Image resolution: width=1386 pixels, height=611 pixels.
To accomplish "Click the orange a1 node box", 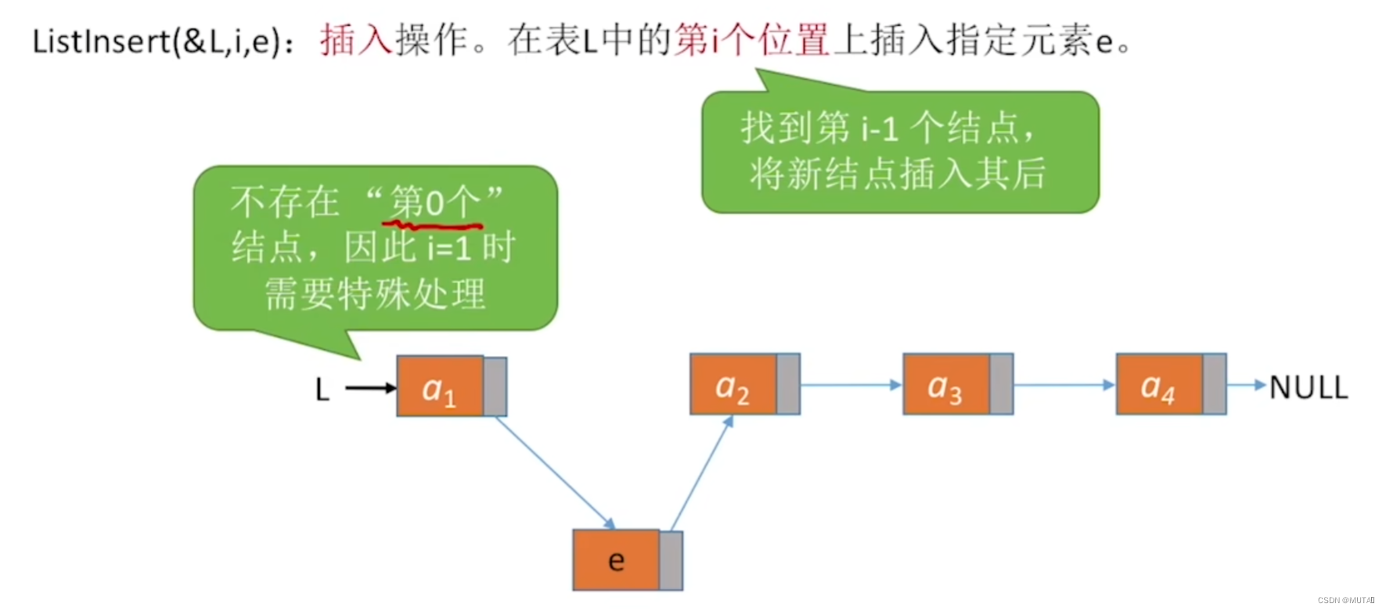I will click(440, 386).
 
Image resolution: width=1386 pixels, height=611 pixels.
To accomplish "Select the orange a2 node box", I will click(733, 384).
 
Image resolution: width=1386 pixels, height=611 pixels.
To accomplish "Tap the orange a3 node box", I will click(946, 384).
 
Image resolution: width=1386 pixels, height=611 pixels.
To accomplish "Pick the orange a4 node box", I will click(1159, 384).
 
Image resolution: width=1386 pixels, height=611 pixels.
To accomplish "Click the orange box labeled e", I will click(617, 560).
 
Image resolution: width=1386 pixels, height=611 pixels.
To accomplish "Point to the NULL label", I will click(1309, 387).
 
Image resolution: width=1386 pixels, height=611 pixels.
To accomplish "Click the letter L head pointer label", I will click(322, 389).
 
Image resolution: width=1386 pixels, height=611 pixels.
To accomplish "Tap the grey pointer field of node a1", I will click(495, 386).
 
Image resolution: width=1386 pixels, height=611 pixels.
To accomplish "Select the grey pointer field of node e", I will click(671, 560).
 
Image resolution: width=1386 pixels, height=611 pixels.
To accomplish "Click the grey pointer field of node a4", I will click(1215, 384).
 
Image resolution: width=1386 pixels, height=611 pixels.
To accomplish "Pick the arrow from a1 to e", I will click(554, 472).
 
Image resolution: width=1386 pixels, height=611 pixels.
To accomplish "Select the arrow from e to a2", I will click(702, 473).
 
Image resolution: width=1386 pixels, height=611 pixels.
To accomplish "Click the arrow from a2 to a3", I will click(851, 385).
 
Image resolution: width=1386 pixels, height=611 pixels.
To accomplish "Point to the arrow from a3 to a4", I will click(1064, 385).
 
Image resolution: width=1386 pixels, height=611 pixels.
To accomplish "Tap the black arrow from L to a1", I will click(371, 388).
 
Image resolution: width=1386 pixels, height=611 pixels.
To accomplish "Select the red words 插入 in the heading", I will click(355, 40).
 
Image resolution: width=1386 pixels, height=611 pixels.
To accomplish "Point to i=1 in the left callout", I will click(449, 249).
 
